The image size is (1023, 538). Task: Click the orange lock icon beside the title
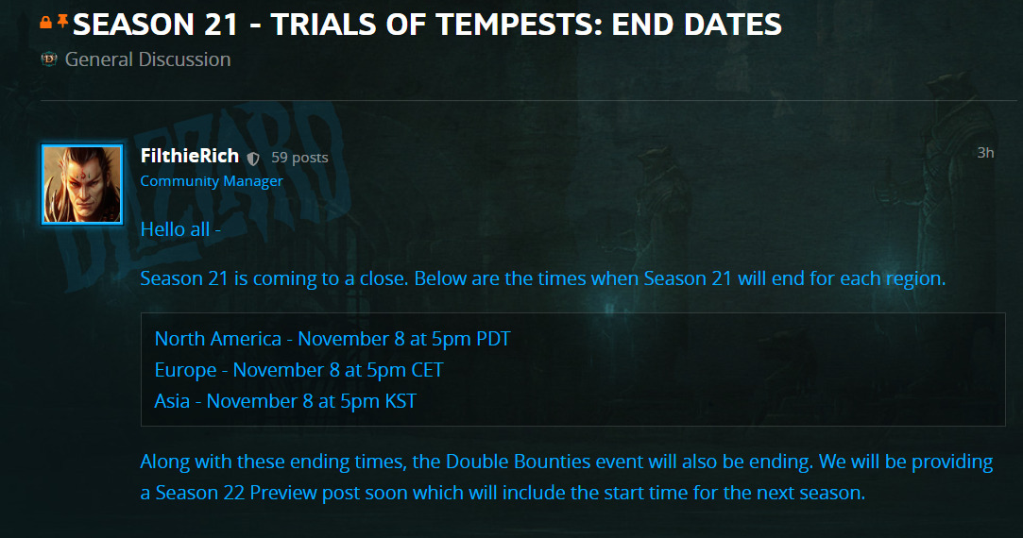point(45,23)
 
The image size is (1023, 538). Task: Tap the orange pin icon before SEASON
point(62,22)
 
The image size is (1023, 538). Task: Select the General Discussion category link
point(148,59)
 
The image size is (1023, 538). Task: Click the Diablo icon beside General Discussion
point(49,59)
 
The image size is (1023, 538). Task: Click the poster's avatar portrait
point(82,185)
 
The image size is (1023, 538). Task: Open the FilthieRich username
point(190,156)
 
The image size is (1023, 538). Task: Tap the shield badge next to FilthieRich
point(253,158)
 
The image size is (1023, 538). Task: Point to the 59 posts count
point(299,158)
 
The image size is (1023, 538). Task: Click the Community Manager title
point(212,181)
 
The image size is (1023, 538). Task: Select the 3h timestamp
point(985,153)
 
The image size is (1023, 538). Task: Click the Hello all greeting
point(180,229)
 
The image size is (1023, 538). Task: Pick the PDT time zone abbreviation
point(494,339)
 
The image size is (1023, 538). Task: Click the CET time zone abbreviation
point(427,370)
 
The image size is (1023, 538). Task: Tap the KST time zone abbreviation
point(401,401)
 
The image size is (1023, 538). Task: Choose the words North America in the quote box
point(218,339)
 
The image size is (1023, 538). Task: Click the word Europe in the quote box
point(186,370)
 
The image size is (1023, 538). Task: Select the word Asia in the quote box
point(172,401)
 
